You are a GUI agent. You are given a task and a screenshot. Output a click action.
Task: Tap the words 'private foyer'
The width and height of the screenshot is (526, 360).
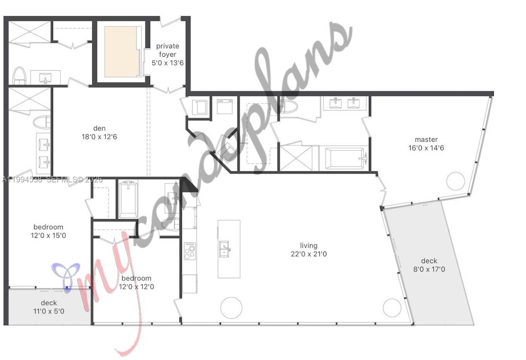pyautogui.click(x=168, y=50)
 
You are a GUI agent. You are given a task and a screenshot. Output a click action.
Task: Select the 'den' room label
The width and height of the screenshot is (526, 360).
pyautogui.click(x=99, y=128)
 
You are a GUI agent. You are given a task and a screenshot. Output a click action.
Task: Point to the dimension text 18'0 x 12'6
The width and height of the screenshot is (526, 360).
pyautogui.click(x=99, y=137)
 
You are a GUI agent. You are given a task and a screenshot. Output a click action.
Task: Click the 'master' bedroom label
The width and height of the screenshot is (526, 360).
pyautogui.click(x=426, y=139)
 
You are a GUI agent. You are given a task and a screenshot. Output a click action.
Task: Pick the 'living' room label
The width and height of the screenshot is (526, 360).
pyautogui.click(x=308, y=245)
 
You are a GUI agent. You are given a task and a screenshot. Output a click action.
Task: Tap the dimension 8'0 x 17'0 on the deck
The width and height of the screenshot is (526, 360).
pyautogui.click(x=429, y=269)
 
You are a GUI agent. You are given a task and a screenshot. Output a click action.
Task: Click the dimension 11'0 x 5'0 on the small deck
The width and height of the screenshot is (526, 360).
pyautogui.click(x=49, y=311)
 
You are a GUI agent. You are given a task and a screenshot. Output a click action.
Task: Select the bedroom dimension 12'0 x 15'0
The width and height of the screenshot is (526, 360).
pyautogui.click(x=48, y=235)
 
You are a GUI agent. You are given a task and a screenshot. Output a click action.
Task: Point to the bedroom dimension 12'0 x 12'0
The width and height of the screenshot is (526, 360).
pyautogui.click(x=136, y=287)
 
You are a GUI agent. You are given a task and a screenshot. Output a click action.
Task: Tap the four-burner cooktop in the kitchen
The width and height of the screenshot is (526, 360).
pyautogui.click(x=190, y=251)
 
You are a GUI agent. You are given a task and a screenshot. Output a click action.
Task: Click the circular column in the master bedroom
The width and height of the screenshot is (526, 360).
pyautogui.click(x=455, y=181)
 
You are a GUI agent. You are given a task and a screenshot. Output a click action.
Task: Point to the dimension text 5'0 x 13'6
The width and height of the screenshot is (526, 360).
pyautogui.click(x=168, y=63)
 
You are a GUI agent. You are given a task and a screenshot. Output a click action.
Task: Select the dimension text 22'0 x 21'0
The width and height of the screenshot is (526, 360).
pyautogui.click(x=308, y=254)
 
